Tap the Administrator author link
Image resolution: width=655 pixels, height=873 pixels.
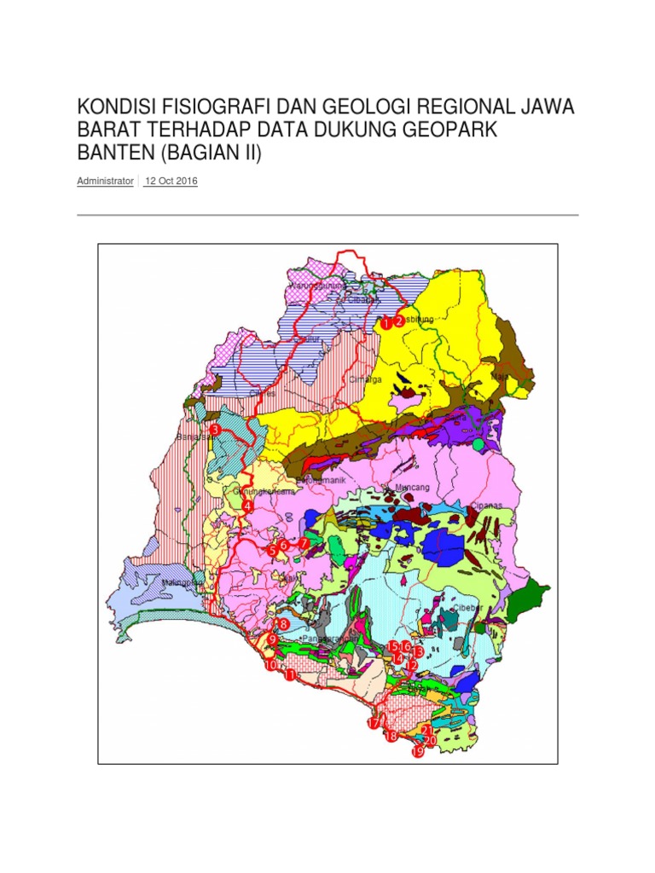(x=105, y=182)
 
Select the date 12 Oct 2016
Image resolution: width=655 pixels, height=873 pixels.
(x=171, y=182)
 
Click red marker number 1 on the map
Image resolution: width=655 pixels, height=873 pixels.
(x=385, y=323)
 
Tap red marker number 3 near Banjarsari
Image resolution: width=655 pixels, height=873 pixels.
(x=215, y=430)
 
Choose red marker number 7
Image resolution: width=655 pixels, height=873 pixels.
(x=304, y=543)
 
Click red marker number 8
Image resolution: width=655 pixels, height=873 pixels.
(x=283, y=624)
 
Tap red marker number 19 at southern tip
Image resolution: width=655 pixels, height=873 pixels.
(x=417, y=752)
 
